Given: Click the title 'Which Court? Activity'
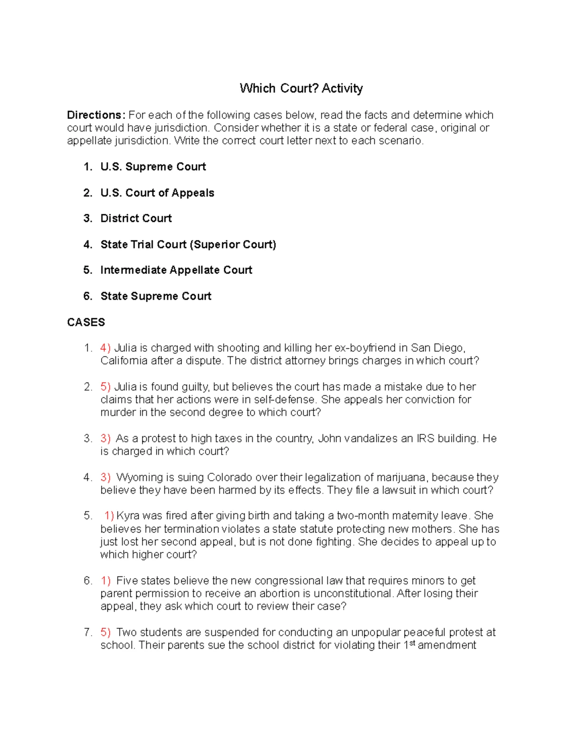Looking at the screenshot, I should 301,88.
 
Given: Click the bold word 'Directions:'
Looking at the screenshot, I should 96,115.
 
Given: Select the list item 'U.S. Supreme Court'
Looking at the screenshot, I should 153,167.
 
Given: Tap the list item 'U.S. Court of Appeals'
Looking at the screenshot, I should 157,193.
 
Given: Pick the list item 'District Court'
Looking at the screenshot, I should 136,219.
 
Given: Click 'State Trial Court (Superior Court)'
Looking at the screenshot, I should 188,245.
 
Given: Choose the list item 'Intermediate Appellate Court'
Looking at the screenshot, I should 176,270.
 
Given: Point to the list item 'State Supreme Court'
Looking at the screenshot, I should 156,297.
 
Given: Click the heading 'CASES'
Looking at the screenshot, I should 86,322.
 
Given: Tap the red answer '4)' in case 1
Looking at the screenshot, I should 105,348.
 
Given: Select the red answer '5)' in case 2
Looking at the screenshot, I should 105,387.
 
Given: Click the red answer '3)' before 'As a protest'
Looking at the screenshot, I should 105,439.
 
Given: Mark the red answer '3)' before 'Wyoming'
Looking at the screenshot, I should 105,478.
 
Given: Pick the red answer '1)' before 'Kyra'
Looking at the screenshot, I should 109,516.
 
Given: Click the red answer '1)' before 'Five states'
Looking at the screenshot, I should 105,581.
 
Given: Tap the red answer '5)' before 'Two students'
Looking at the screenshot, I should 105,633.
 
